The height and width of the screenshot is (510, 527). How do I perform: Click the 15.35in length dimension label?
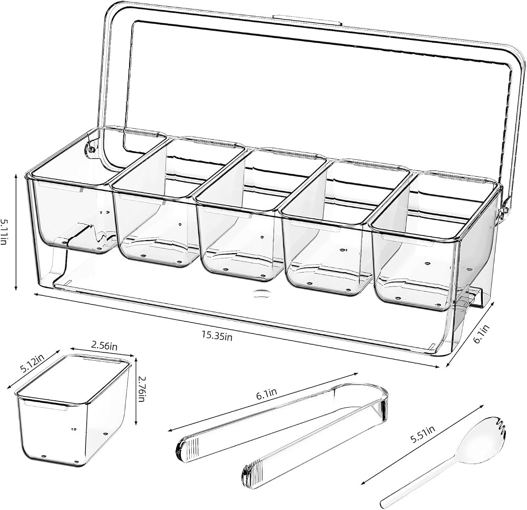tap(217, 335)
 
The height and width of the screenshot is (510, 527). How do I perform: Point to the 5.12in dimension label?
tap(33, 363)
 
